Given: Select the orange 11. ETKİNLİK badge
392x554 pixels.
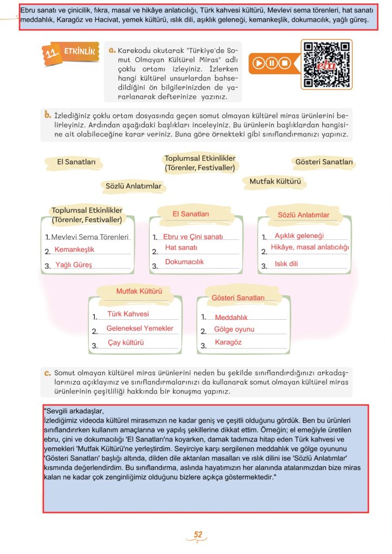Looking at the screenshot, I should click(x=71, y=53).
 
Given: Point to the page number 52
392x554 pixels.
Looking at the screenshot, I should click(x=198, y=535).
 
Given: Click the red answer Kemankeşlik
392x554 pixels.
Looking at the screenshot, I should click(x=74, y=249).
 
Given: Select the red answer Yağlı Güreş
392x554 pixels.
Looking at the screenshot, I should click(x=74, y=265).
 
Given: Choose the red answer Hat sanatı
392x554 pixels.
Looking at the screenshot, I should click(x=181, y=248).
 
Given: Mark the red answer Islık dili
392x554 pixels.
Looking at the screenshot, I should click(x=286, y=264).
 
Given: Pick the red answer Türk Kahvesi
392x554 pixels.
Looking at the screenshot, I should click(x=128, y=314).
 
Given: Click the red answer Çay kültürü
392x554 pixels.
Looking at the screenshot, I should click(x=126, y=343).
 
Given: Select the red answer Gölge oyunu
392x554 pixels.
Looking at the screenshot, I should click(x=234, y=329).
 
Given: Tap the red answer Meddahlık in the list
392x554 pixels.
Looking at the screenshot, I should click(x=231, y=318).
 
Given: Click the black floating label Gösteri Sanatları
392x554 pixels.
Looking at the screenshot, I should click(x=324, y=162).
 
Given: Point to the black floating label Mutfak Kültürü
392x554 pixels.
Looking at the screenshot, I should click(x=275, y=182).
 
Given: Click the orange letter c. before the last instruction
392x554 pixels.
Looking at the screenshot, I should click(x=48, y=373).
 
